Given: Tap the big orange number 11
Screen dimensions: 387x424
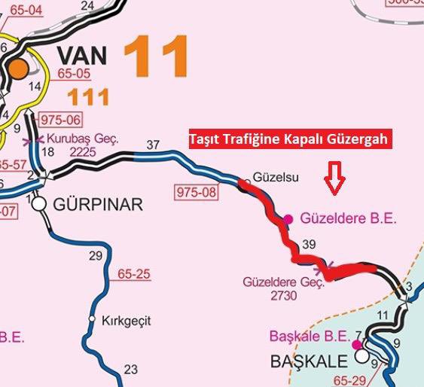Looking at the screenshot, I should click(x=155, y=56).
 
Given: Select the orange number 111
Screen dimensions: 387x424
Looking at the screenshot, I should click(x=89, y=96).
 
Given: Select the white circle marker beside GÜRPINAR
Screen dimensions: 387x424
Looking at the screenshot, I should click(x=40, y=203).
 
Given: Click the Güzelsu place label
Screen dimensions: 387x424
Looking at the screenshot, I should click(x=278, y=178).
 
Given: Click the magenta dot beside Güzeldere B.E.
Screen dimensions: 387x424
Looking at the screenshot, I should click(x=288, y=219).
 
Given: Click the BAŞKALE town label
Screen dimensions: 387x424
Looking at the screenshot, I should click(x=309, y=361).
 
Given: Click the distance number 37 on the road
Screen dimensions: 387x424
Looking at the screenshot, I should click(x=153, y=145).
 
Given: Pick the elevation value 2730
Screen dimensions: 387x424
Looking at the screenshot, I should click(x=282, y=296).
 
